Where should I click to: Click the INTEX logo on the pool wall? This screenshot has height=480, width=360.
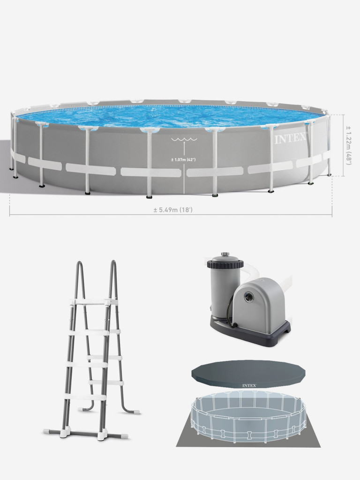(x=290, y=138)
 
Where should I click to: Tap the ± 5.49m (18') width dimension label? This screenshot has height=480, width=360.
(x=173, y=210)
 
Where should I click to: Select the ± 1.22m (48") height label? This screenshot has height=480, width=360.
(x=348, y=145)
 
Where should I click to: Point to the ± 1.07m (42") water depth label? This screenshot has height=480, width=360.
(x=183, y=159)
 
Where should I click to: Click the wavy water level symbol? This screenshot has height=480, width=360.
(x=184, y=140)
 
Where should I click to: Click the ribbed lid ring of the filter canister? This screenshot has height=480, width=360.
(x=225, y=264)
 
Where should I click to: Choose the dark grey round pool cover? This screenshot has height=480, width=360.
(x=248, y=374)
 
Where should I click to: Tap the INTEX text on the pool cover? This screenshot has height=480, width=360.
(x=249, y=385)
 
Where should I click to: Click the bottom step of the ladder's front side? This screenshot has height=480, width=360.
(x=84, y=397)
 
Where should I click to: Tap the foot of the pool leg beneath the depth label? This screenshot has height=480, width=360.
(x=149, y=196)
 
